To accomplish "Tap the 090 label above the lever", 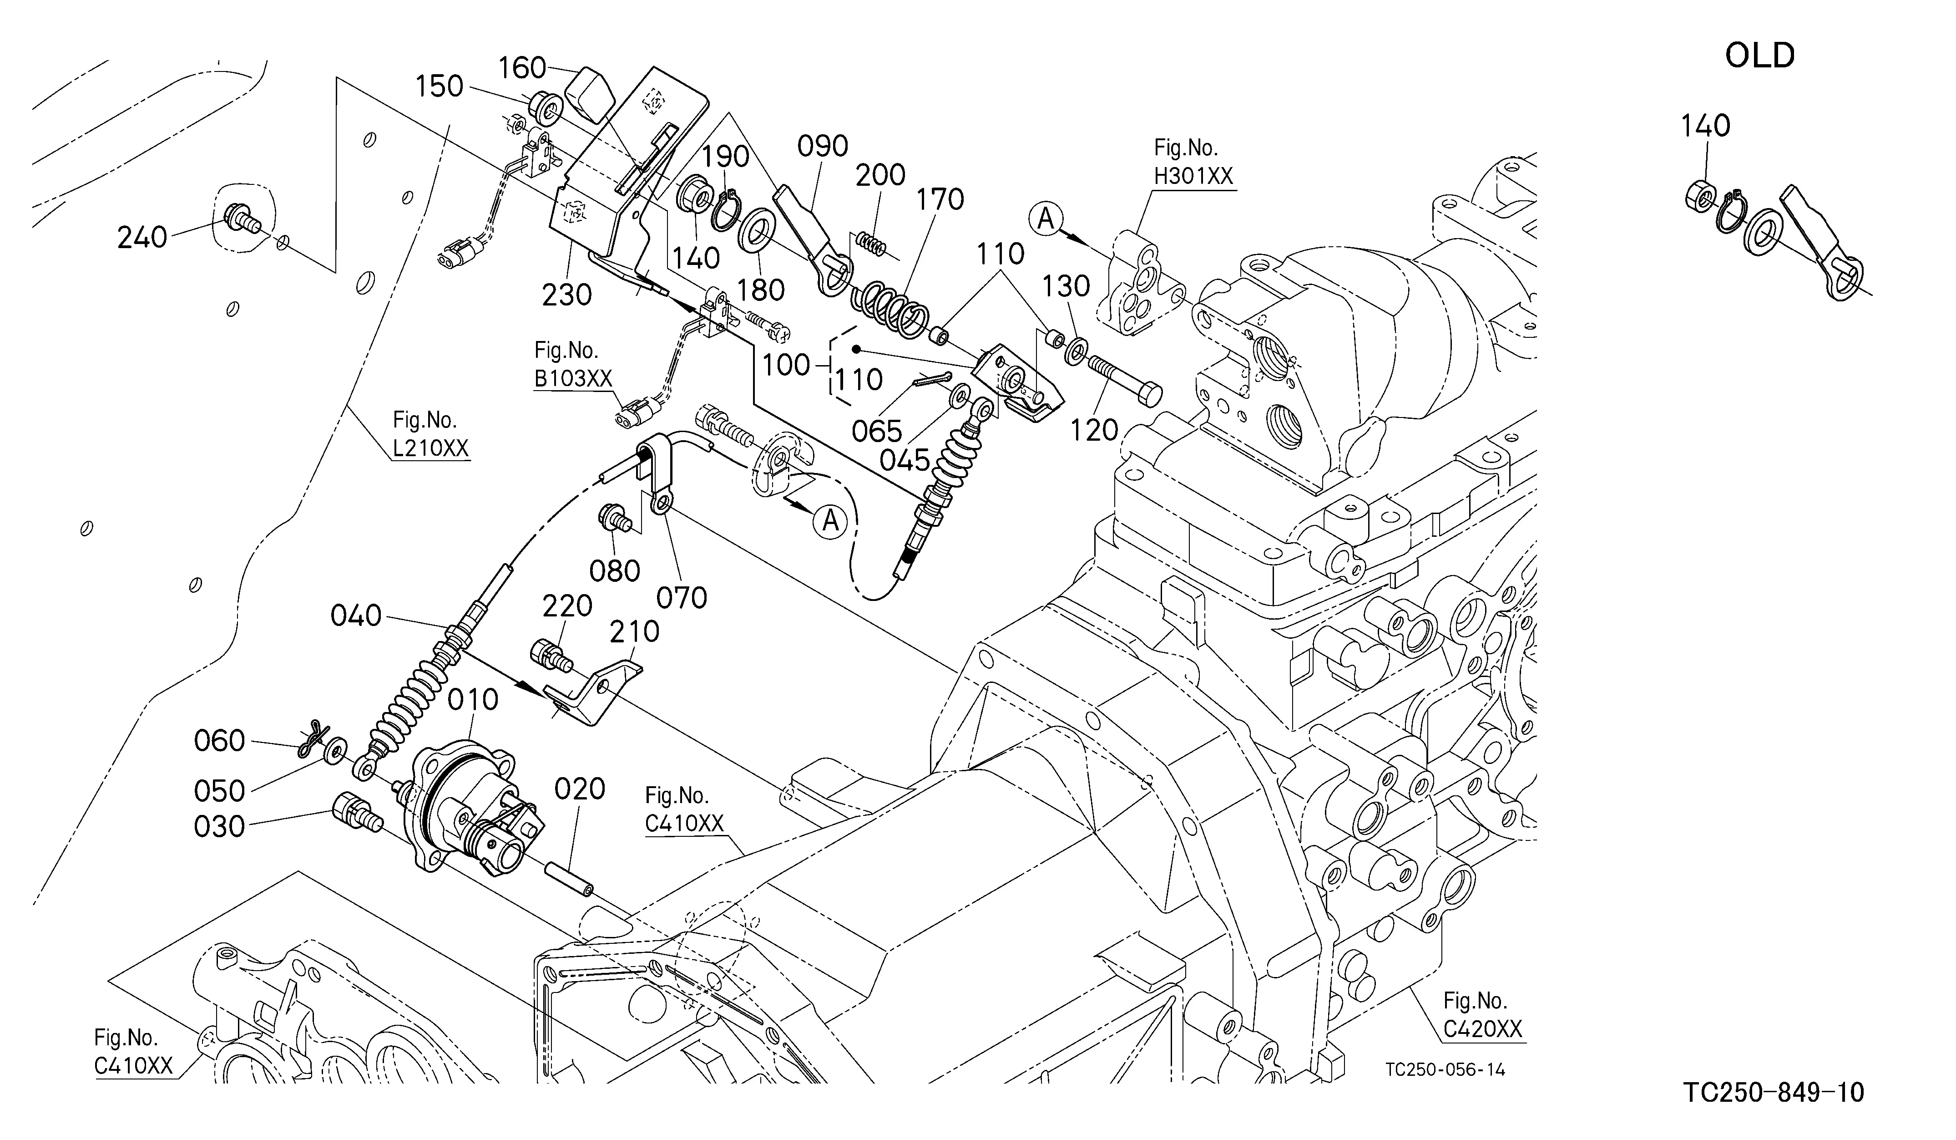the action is (x=823, y=146).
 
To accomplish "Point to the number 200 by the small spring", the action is (x=880, y=175).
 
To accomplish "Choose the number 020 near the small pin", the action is (x=580, y=790).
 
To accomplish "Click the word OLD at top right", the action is (x=1759, y=56).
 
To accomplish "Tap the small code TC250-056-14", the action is (x=1445, y=1070).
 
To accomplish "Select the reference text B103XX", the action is (x=573, y=379).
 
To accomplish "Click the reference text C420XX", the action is (x=1482, y=1029).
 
